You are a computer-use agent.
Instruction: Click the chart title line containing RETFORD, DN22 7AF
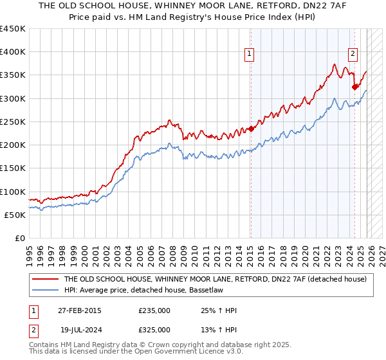pos(193,6)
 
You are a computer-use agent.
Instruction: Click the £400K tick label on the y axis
pos(13,52)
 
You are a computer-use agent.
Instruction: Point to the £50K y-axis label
pos(15,215)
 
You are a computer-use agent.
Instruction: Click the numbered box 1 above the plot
pos(249,55)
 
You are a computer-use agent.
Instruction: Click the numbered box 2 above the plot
pos(353,55)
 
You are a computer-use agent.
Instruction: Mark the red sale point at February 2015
pos(251,129)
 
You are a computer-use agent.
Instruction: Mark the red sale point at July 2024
pos(354,87)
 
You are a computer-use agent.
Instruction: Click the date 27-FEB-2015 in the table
pos(78,310)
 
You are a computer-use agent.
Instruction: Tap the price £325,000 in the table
pos(154,329)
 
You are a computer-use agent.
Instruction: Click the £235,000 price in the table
pos(154,310)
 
